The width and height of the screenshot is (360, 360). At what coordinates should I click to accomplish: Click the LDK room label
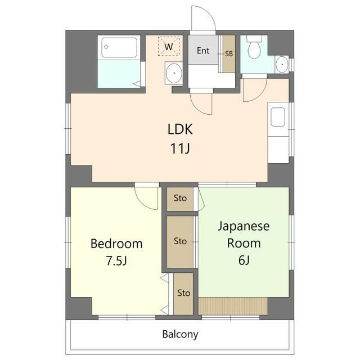pos(180,129)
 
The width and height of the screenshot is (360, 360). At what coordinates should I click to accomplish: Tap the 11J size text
pos(180,150)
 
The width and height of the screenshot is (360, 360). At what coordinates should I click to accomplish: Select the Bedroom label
pos(116,244)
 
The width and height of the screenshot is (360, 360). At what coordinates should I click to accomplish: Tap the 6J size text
pos(244,261)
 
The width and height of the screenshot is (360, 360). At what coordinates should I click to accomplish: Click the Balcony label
pos(180,334)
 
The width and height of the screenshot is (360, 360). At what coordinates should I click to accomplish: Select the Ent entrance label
pos(203,51)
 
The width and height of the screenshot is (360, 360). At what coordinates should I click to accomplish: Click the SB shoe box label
pos(229,54)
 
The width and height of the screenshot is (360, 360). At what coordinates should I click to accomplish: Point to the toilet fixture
pos(255,47)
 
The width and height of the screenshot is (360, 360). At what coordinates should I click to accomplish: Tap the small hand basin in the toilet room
pos(281,65)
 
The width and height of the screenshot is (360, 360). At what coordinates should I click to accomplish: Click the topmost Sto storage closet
pos(180,198)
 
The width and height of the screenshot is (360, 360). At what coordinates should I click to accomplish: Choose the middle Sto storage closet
pos(180,241)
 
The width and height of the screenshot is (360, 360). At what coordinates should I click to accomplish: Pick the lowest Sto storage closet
pos(183,293)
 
